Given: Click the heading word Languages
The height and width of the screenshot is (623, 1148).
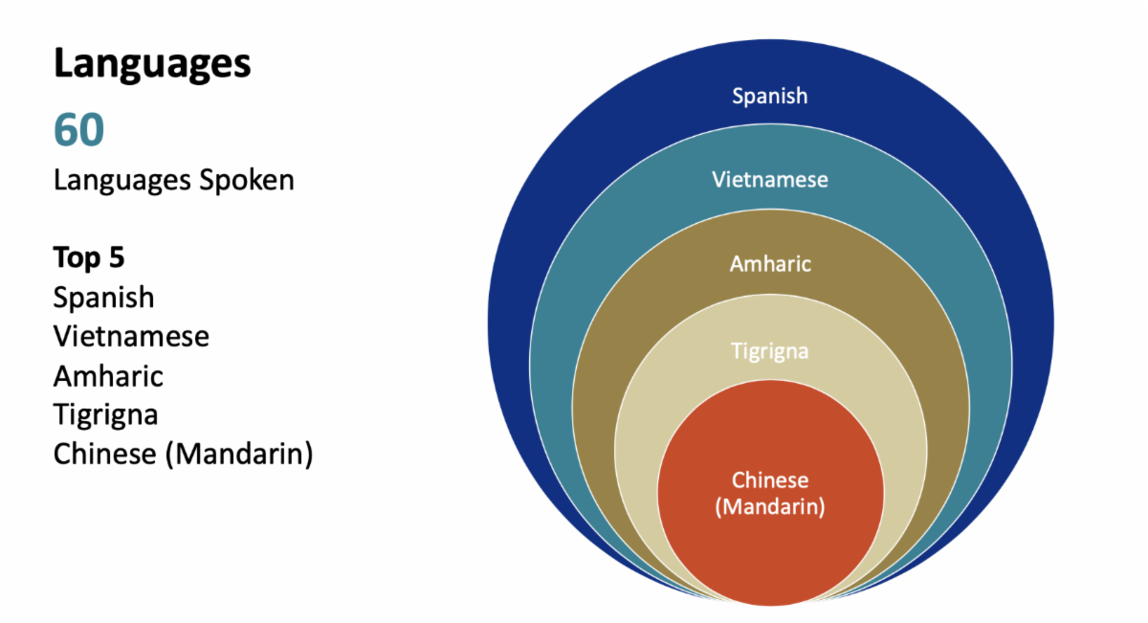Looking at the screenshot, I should point(152,65).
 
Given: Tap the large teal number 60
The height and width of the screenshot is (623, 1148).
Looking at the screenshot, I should point(78,130).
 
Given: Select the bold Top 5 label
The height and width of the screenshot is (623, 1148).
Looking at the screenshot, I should point(89,258).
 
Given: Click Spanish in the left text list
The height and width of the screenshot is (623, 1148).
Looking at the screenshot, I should point(103,298).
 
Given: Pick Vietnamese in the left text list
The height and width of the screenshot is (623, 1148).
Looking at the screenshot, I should point(131,337).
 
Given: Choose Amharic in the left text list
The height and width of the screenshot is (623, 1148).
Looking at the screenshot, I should point(108,376).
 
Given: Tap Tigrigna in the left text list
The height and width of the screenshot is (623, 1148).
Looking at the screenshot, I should point(105,415).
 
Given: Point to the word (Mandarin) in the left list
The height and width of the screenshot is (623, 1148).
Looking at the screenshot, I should point(239,455).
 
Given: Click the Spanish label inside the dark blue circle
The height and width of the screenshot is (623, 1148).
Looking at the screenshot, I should point(770,96).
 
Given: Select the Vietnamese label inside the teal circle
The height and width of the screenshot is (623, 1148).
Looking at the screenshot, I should point(770,179).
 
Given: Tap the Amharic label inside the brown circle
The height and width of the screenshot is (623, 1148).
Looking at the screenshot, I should point(770,263).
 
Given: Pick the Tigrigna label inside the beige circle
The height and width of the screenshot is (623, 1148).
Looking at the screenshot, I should point(770,351).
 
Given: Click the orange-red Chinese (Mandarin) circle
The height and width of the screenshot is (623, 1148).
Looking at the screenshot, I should point(770,545).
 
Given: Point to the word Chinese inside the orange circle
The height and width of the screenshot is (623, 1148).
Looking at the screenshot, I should point(770,480).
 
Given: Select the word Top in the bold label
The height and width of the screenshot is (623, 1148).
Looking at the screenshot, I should point(75,258).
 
